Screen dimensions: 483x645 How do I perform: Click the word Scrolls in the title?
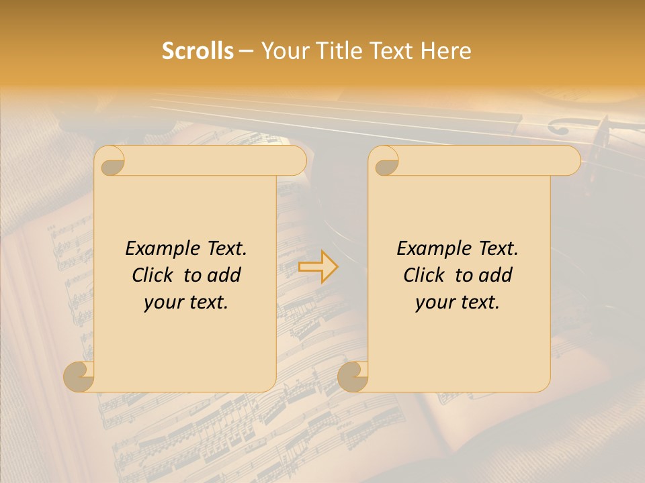click(x=198, y=51)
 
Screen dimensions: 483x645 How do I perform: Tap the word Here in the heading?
click(x=445, y=51)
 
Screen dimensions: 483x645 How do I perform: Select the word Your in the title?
click(x=284, y=51)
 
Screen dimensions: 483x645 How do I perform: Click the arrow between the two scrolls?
click(x=318, y=266)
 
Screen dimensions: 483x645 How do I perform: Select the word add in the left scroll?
click(x=225, y=275)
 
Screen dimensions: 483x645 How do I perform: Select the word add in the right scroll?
click(x=497, y=275)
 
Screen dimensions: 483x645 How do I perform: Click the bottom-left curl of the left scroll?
click(x=79, y=376)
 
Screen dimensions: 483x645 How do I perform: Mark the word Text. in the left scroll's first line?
click(x=224, y=249)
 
